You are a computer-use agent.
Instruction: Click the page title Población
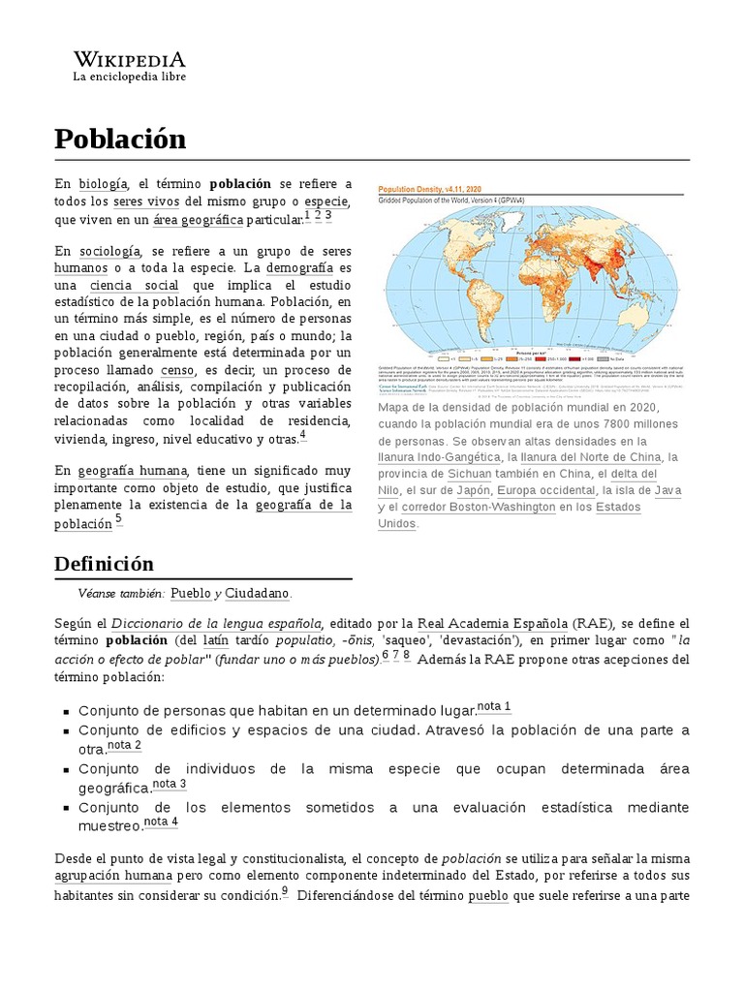pos(120,139)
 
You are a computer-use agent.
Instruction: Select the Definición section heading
pos(103,564)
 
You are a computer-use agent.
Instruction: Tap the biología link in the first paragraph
pos(103,183)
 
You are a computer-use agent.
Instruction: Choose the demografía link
pos(299,267)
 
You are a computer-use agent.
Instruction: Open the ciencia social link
pos(134,286)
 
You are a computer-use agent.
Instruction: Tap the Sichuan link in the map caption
pos(469,474)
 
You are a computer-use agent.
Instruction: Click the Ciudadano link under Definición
pos(257,593)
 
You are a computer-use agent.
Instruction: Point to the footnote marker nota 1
pos(494,706)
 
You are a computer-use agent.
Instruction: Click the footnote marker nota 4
pos(161,822)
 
